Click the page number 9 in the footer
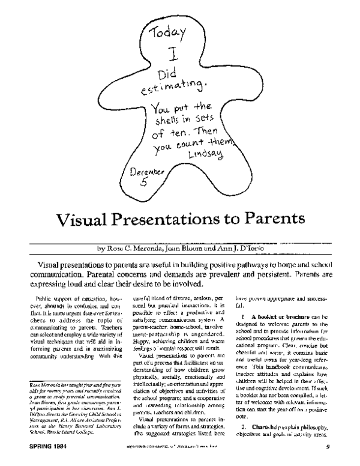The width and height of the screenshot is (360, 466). pyautogui.click(x=337, y=455)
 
